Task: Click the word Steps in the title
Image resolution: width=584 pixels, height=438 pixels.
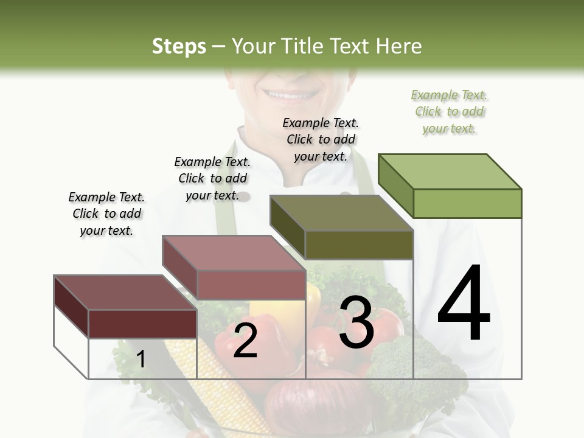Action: tap(179, 46)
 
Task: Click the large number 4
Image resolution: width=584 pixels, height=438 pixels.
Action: tap(464, 304)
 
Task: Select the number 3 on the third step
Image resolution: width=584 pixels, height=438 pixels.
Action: tap(356, 322)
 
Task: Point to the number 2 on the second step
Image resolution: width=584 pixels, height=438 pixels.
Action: tap(245, 341)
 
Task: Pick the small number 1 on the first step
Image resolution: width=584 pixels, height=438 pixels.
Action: tap(141, 359)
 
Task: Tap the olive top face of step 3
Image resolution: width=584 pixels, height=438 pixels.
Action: tap(341, 213)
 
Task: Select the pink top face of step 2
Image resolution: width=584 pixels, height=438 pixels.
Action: tap(233, 252)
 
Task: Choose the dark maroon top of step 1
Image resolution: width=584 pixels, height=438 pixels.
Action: tap(125, 293)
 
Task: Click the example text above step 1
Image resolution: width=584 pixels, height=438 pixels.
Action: tap(106, 214)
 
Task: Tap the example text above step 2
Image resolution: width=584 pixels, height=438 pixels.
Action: tap(212, 178)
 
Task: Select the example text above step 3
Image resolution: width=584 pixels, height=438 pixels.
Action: tap(321, 139)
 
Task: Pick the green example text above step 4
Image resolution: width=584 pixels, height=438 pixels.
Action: tap(449, 111)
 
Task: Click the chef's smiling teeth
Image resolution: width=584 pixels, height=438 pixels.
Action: tap(291, 96)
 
